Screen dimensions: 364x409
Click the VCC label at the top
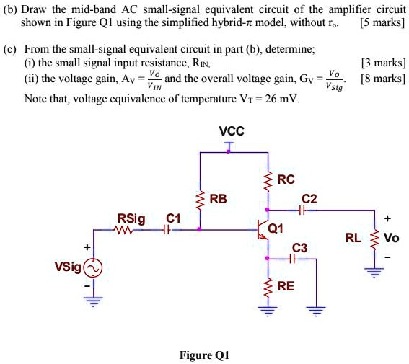(231, 131)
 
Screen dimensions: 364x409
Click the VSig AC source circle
(93, 268)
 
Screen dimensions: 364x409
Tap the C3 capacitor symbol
(296, 259)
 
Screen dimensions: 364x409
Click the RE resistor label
(286, 286)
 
